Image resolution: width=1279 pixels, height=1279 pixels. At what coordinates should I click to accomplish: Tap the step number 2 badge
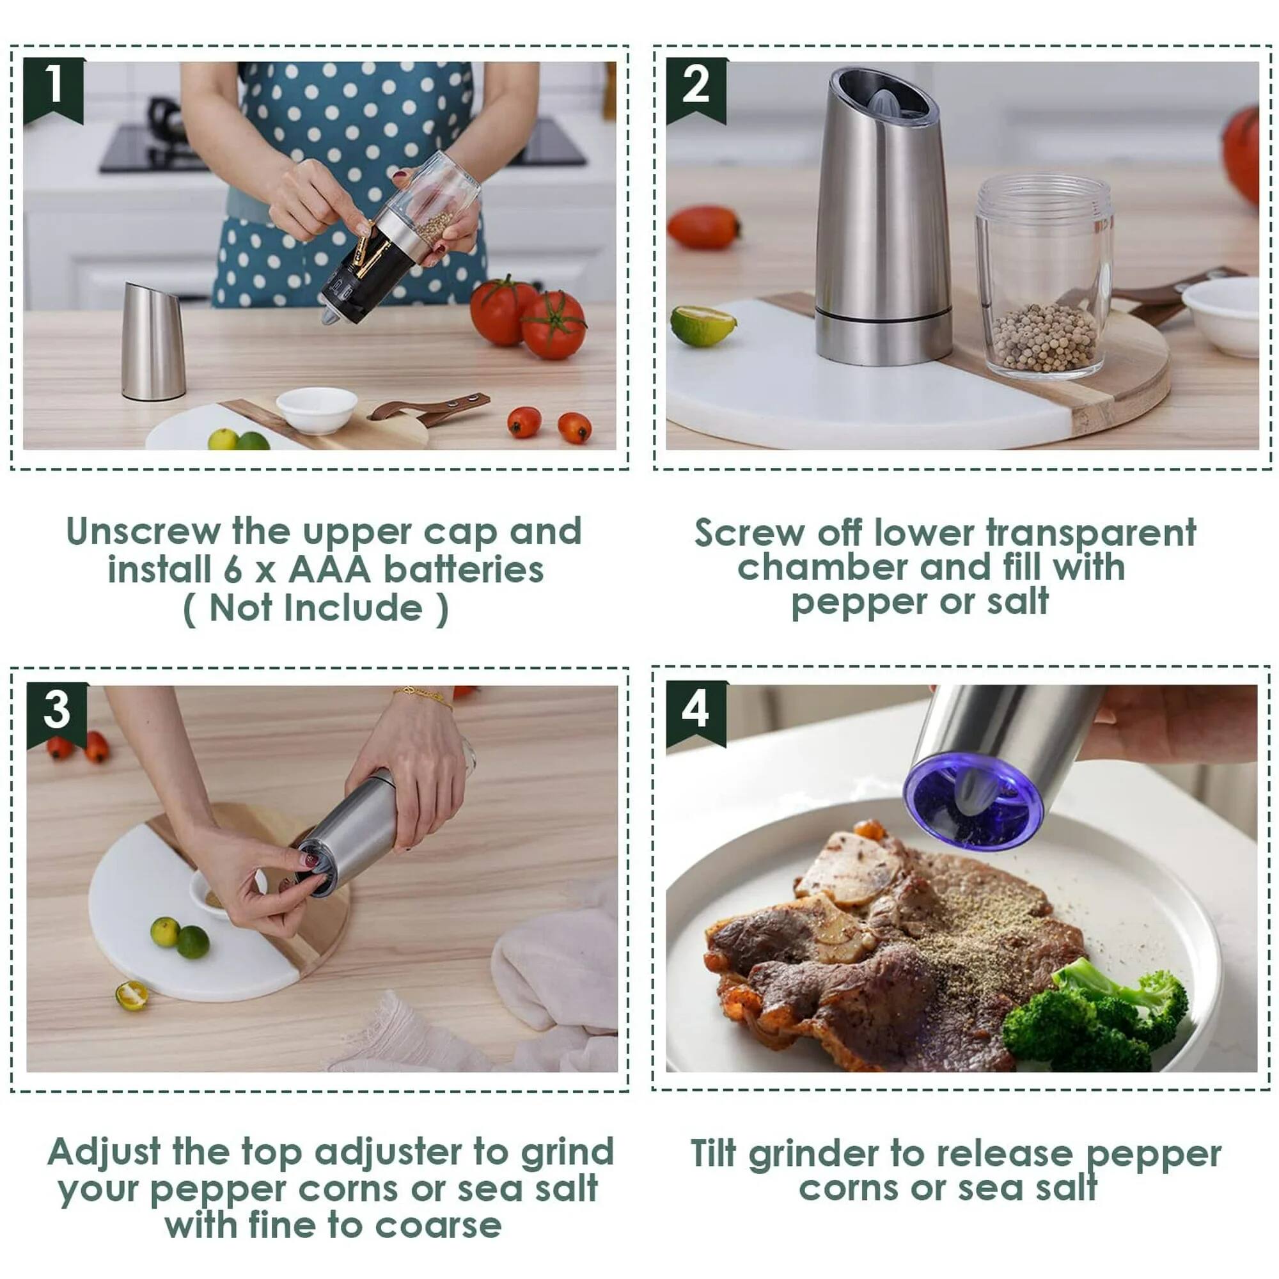pos(695,88)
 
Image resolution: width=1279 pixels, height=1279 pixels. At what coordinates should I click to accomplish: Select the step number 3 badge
pos(57,711)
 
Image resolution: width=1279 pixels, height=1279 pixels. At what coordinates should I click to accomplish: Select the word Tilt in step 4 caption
pos(713,1154)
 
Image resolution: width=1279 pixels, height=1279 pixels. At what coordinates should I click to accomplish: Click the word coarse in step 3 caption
pos(438,1225)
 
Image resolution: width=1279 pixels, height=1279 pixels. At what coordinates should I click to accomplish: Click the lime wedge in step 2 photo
pos(702,325)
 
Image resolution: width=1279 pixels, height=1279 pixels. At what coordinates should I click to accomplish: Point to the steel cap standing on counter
pos(153,341)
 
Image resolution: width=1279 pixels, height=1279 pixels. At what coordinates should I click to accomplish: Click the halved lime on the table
pos(131,996)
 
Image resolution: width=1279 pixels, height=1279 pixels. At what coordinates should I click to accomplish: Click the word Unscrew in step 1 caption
pos(143,531)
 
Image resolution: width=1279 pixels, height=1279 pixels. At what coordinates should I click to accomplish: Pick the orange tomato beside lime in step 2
pos(703,227)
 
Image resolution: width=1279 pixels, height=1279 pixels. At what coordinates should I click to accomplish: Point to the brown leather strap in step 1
pos(430,407)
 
